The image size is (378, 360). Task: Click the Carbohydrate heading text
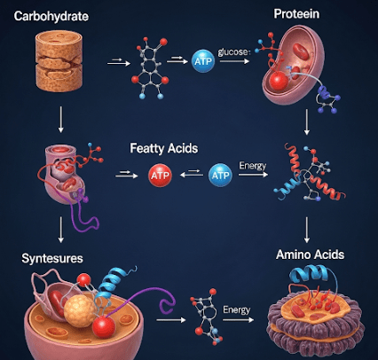coord(51,16)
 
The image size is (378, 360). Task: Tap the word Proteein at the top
coord(296,14)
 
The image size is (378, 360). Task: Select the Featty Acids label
coord(164,148)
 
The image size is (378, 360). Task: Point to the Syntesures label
coord(52,258)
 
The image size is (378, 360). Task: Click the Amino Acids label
coord(310,254)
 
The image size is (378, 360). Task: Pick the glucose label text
coord(234,52)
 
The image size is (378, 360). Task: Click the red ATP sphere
coord(160,176)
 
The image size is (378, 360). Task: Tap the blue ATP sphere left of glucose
coord(203,61)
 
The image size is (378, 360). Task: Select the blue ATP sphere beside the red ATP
coord(220,175)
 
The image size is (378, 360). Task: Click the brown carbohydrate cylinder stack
coord(59,61)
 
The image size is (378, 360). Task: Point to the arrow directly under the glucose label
coord(234,61)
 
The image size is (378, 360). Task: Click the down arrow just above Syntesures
coord(61,230)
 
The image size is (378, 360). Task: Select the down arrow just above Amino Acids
coord(307,230)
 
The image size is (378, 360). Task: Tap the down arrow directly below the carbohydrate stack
coord(61,120)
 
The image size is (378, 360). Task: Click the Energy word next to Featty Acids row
coord(253,166)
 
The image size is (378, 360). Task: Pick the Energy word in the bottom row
coord(237,309)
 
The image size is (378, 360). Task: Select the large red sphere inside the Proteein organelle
coord(279,81)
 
